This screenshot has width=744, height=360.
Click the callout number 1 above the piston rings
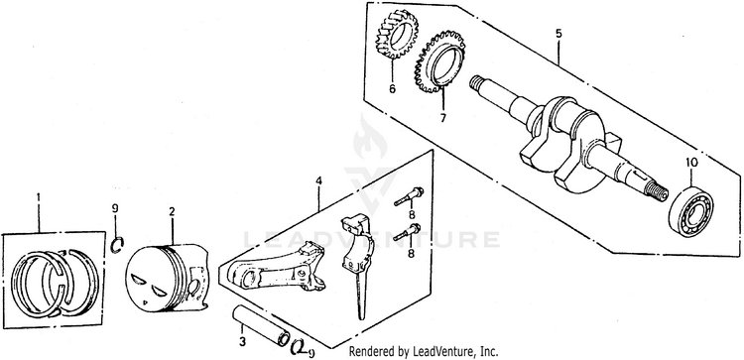(39, 196)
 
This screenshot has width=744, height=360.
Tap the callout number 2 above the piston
(172, 211)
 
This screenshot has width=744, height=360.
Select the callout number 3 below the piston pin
(242, 341)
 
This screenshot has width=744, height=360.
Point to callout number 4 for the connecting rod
(318, 180)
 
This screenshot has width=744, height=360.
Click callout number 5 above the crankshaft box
(558, 33)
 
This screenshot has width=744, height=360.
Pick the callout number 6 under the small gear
(393, 88)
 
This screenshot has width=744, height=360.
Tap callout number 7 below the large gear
(442, 118)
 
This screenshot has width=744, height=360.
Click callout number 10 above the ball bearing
(691, 163)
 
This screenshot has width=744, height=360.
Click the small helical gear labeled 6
(398, 36)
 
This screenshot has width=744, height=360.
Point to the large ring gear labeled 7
(439, 61)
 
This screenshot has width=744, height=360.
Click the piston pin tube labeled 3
(261, 326)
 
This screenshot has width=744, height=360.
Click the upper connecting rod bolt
(409, 196)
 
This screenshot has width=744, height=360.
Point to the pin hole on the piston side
(193, 287)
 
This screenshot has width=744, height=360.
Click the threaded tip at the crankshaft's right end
(657, 190)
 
